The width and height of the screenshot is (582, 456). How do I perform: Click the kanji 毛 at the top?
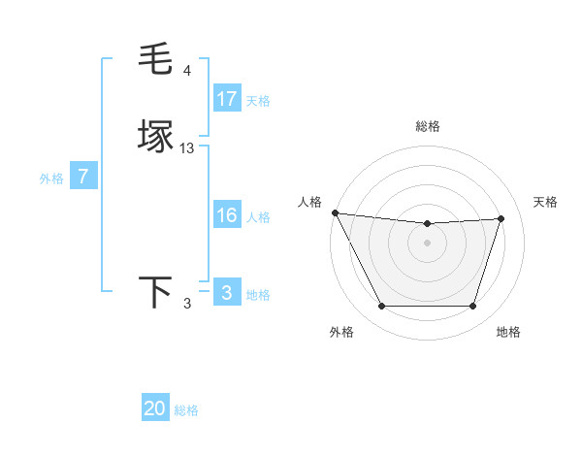coord(156,61)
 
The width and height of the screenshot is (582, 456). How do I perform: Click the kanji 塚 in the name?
coord(156,137)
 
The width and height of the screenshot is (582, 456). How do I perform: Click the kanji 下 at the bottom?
coord(156,293)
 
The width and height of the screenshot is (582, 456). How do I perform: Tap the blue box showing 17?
coord(227,99)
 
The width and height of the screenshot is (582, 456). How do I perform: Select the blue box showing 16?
coord(227,215)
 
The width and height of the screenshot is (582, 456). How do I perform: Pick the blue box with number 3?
coord(227,293)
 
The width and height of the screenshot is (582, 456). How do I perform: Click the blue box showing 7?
coord(83,178)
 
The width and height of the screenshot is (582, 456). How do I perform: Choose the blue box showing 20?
coord(155,408)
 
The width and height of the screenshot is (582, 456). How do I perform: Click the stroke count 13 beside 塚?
coord(187,148)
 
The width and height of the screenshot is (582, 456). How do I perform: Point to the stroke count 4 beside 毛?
coord(187,71)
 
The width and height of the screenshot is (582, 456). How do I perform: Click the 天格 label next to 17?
coord(258,101)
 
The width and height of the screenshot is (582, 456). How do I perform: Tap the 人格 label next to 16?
coord(258,217)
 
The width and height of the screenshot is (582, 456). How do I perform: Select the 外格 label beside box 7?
coord(51,179)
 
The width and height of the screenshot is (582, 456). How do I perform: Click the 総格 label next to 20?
coord(186,410)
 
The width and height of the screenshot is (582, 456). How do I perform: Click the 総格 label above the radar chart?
coord(427,126)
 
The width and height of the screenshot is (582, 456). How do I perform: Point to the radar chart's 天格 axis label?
coord(545,202)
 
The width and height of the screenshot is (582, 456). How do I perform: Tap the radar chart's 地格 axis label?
coord(508,332)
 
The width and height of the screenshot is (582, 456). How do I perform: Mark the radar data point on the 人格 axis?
coord(335,212)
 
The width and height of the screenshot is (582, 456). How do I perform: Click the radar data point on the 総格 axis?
coord(427,224)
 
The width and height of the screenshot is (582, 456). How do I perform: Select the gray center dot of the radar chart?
coord(427,243)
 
